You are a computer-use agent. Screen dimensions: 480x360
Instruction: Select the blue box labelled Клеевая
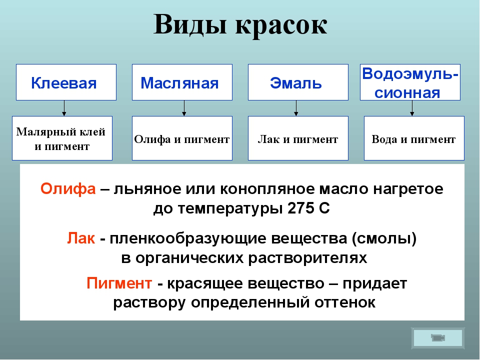point(66,82)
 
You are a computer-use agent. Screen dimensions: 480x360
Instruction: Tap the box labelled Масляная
point(182,82)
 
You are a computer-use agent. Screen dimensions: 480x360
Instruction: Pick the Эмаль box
point(298,82)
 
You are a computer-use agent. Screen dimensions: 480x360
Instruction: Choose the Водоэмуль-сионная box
point(410,82)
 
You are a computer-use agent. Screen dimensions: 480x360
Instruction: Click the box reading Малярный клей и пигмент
point(62,138)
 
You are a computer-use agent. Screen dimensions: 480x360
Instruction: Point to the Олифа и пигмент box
point(182,138)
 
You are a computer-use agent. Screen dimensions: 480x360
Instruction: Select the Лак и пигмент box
point(298,138)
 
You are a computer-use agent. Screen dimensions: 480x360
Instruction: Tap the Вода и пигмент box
point(414,138)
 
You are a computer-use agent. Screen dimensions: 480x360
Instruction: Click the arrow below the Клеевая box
point(64,108)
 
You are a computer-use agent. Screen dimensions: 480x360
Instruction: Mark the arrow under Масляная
point(184,108)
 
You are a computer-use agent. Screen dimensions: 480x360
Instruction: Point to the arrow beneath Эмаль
point(296,108)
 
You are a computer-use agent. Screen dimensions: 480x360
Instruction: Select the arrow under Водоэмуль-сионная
point(412,108)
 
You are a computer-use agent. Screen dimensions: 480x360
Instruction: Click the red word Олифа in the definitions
point(68,189)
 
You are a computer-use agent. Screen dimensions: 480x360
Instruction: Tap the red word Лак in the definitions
point(81,238)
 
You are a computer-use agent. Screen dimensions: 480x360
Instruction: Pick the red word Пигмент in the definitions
point(119,283)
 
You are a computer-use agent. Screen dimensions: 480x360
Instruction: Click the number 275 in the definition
point(301,208)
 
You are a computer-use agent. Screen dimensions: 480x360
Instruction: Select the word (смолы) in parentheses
point(384,239)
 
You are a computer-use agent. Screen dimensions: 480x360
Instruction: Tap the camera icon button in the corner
point(438,338)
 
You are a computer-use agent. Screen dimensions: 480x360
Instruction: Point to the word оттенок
point(344,303)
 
